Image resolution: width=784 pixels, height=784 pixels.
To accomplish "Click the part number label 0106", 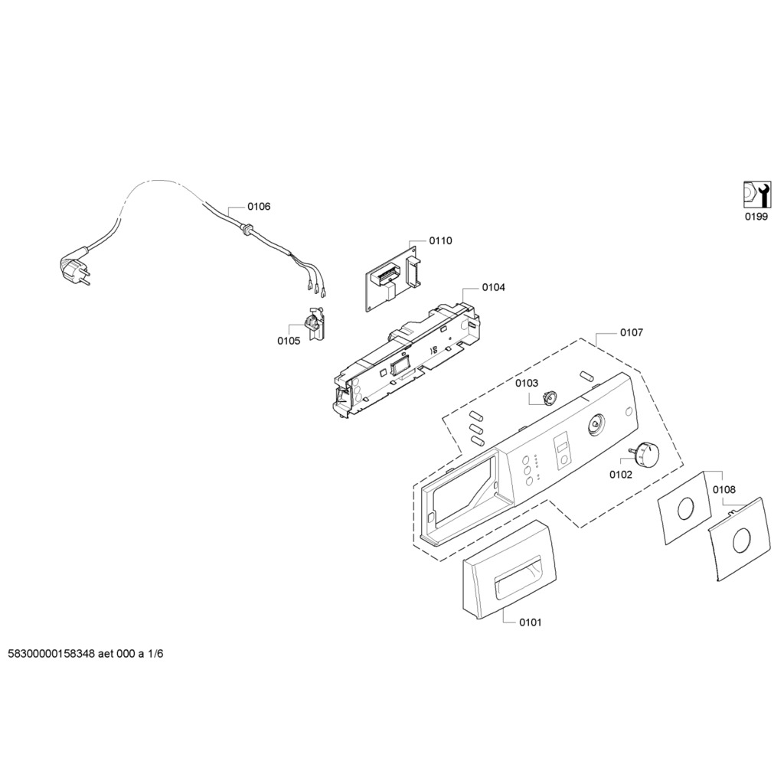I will coord(259,207).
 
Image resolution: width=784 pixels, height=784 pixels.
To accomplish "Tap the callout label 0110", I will coord(440,240).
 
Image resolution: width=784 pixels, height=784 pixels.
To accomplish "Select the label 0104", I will coord(493,287).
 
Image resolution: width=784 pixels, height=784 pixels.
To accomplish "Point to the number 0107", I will coord(632,333).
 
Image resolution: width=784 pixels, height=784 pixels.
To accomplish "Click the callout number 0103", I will coord(527,383).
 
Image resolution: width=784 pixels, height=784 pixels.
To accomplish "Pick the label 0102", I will coord(621,475).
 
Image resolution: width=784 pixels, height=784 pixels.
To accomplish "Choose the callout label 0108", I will coord(724,489).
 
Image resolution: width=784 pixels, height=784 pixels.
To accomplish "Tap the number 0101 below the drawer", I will coord(530,622).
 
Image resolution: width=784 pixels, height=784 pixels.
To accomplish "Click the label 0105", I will coord(289,341).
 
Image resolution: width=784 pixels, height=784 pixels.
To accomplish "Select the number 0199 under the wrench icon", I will coord(756,217).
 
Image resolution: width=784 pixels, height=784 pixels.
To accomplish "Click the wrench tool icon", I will coord(756,194).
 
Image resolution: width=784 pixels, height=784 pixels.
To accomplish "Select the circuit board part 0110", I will coord(392,276).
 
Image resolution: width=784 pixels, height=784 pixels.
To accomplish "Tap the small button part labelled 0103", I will coord(547,397).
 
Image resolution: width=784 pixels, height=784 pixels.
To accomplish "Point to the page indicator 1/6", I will coord(155,655).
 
